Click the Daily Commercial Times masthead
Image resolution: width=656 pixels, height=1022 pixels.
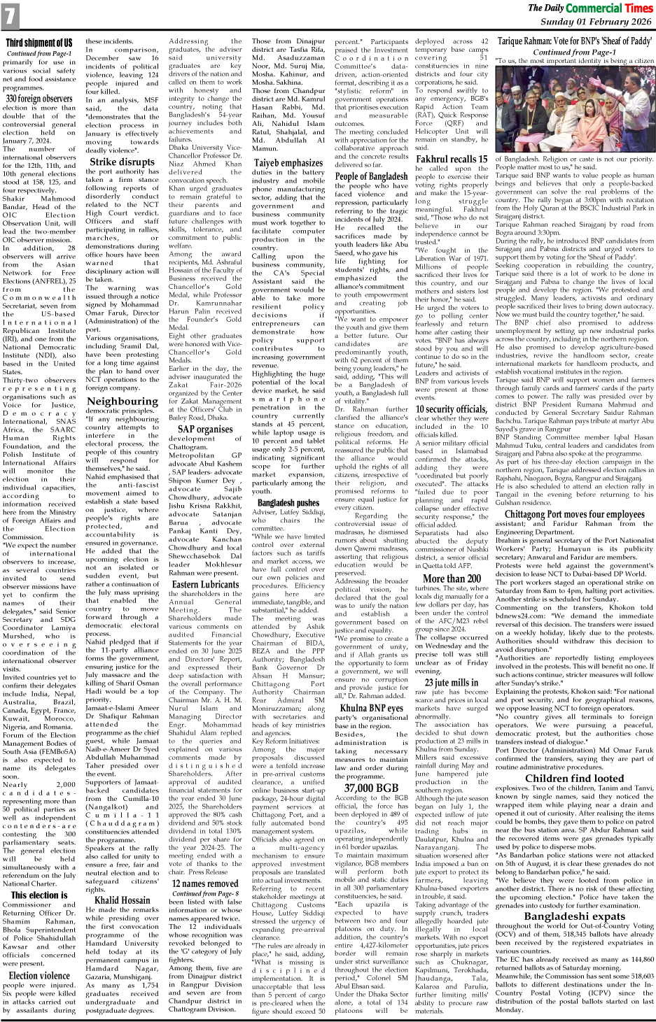tap(590, 8)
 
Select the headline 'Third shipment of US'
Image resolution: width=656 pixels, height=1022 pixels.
tap(39, 43)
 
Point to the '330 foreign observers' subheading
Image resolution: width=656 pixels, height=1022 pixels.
tap(39, 99)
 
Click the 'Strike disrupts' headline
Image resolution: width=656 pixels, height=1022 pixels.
tap(122, 162)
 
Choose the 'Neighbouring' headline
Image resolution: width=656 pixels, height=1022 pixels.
tap(123, 401)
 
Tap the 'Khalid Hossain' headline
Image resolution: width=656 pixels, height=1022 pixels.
tap(123, 900)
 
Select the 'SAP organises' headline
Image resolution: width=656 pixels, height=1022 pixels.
tap(205, 429)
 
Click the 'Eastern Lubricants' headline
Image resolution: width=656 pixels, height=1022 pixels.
tap(205, 584)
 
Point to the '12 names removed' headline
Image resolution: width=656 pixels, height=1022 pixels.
tap(205, 883)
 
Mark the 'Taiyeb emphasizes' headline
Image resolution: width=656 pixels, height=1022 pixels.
tap(288, 163)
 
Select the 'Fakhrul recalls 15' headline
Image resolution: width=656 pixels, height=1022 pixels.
tap(452, 159)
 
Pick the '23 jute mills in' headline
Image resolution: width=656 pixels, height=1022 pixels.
tap(452, 682)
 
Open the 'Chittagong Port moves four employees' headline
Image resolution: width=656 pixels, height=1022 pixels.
tap(574, 515)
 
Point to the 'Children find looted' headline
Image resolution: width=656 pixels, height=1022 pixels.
tap(574, 778)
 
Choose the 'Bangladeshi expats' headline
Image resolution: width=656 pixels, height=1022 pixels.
tap(574, 916)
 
